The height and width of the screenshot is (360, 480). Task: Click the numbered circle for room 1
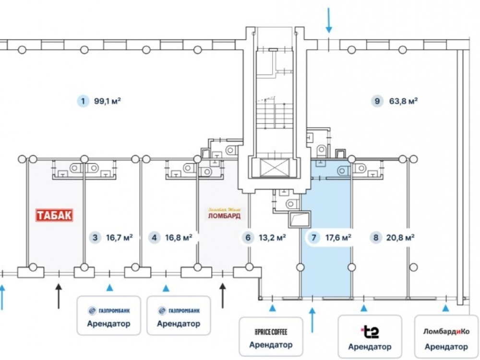click(x=84, y=101)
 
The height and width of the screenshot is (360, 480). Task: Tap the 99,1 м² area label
click(x=107, y=101)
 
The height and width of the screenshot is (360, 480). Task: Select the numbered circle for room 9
click(x=377, y=101)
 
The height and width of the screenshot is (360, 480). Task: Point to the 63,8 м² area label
click(x=403, y=101)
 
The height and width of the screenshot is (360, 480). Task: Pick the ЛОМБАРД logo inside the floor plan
click(x=224, y=214)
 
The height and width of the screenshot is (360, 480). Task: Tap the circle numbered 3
click(x=95, y=237)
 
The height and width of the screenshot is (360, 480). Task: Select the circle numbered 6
click(x=248, y=237)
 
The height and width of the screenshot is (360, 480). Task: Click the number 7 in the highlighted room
click(x=314, y=237)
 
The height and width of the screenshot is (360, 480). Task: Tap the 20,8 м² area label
click(x=400, y=237)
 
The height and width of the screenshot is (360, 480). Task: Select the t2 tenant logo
click(x=370, y=331)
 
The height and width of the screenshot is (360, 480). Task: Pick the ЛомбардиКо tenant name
click(x=446, y=332)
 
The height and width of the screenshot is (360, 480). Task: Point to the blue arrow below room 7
click(x=312, y=320)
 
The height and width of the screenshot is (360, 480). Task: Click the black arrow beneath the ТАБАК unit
click(x=59, y=295)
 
